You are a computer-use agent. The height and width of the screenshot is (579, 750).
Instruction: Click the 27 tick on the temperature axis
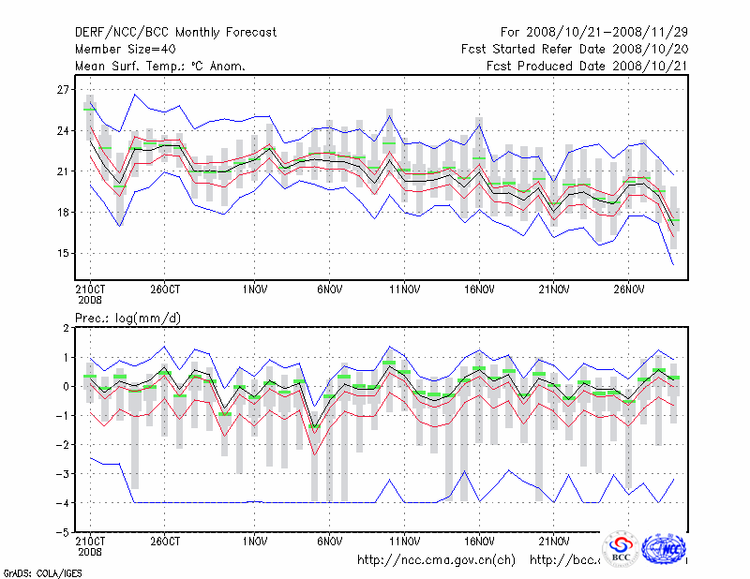coord(64,89)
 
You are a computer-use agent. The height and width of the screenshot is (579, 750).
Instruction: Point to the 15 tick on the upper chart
coord(64,253)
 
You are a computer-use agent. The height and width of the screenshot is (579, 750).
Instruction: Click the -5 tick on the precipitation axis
coord(64,532)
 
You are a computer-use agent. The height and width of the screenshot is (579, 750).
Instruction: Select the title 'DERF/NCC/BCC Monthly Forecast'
coord(175,33)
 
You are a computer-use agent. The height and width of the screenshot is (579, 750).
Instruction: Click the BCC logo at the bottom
coord(621,550)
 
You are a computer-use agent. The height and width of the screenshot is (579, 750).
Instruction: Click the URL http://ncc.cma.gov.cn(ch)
coord(437,560)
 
